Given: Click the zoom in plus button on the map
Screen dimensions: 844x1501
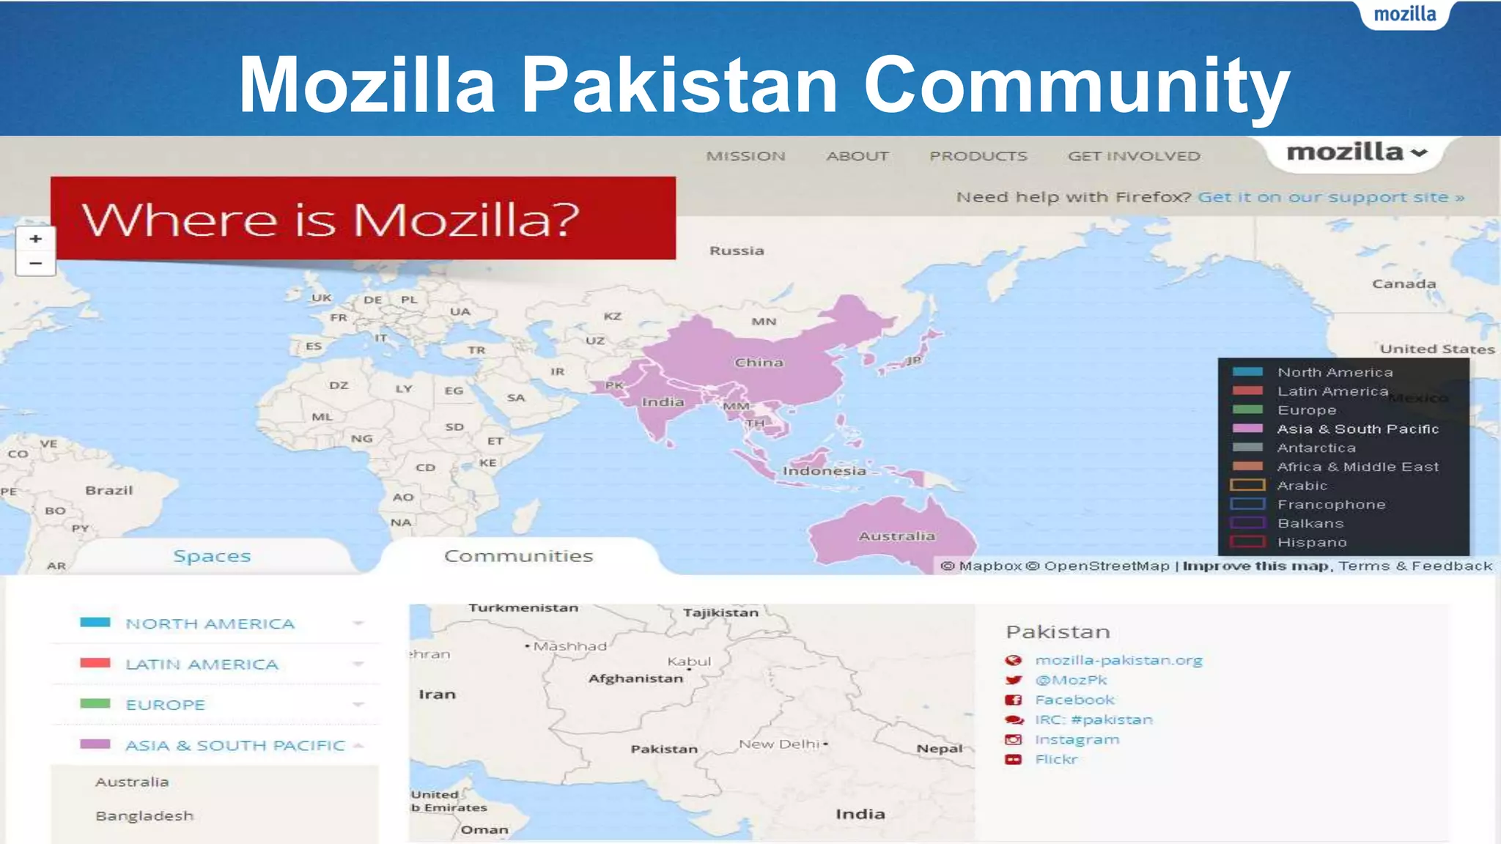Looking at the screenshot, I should tap(35, 239).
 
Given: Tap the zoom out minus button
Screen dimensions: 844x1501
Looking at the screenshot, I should tap(35, 263).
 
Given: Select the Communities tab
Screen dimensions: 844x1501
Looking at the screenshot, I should tap(518, 556).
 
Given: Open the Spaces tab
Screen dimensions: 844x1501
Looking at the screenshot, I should tap(212, 556).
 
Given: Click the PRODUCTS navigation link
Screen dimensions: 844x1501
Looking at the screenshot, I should tap(978, 156).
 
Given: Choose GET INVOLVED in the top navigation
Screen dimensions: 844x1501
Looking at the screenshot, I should tap(1133, 156).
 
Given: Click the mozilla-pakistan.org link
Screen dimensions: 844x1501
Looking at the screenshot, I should tap(1118, 660).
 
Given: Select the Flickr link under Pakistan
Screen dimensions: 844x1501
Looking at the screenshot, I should tap(1056, 759).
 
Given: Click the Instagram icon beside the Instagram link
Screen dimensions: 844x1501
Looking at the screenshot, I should tap(1014, 740).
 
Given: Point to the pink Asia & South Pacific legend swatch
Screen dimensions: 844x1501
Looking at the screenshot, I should tap(1247, 429).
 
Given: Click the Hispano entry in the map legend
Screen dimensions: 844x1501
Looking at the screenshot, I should tap(1312, 542).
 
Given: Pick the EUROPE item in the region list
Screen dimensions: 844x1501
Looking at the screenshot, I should tap(165, 705).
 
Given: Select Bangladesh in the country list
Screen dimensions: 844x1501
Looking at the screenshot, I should tap(144, 815).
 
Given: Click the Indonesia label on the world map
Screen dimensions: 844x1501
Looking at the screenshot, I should tap(824, 471).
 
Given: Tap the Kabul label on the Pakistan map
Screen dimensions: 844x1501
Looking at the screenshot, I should tap(689, 662).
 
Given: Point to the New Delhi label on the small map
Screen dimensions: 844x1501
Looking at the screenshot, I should tap(778, 744).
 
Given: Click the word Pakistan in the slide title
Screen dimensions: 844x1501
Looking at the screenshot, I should tap(679, 84).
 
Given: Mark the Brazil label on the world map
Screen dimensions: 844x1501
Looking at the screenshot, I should tap(109, 490).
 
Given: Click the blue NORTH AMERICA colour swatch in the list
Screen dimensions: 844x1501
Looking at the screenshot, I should tap(95, 623).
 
